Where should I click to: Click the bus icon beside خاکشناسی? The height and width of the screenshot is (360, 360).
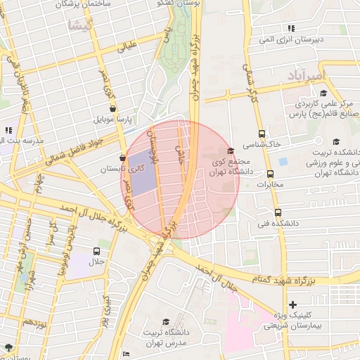(x=262, y=134)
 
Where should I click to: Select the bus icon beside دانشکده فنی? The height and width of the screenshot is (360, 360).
(x=277, y=212)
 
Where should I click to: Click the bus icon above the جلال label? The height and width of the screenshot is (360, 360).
(x=96, y=251)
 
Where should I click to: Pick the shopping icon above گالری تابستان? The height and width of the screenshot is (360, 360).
(x=123, y=158)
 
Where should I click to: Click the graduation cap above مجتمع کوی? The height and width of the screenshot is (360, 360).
(x=230, y=152)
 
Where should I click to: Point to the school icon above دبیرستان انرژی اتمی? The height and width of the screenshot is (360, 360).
(x=290, y=29)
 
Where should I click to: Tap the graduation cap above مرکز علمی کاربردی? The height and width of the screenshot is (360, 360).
(x=323, y=93)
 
